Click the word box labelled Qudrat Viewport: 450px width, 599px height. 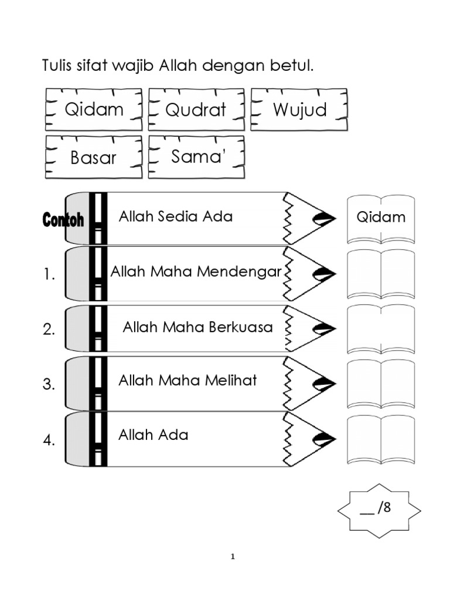pos(196,109)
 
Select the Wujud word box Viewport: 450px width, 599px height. pos(299,109)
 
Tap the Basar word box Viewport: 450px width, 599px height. pos(93,157)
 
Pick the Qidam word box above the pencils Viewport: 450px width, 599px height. pos(94,109)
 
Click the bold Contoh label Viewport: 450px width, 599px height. pos(63,220)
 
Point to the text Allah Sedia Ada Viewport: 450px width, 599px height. pos(175,216)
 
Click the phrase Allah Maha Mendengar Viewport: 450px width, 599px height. pos(196,272)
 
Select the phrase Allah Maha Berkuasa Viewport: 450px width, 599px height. pos(197,327)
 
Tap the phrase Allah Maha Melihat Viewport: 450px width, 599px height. pos(187,380)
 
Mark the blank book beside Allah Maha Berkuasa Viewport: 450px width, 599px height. pos(381,329)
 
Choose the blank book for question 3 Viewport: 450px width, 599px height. pos(381,384)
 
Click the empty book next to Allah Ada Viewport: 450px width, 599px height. pos(381,439)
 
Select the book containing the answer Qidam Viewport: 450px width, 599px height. pos(381,218)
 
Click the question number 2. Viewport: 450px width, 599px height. pos(49,329)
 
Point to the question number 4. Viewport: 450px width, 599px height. pos(49,440)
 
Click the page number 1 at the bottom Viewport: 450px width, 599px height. pos(233,557)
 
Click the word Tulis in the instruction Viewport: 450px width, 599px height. pos(57,66)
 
